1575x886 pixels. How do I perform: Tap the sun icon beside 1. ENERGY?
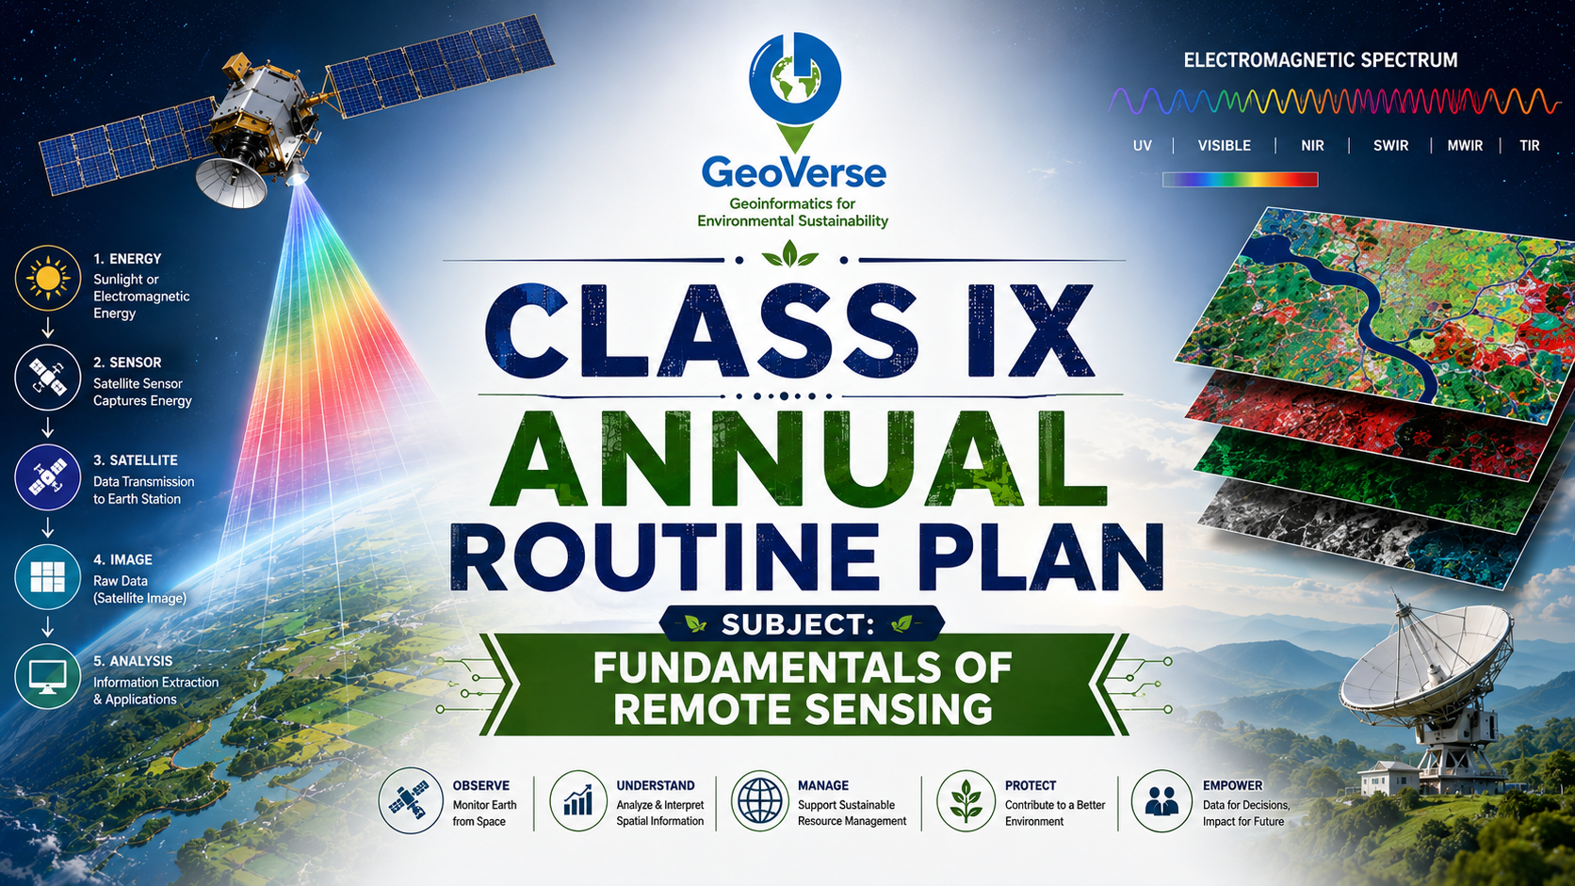point(48,279)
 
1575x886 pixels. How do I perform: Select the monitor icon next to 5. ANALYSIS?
point(48,676)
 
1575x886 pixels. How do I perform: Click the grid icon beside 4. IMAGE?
point(48,577)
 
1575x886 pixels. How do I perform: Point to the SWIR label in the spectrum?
point(1390,145)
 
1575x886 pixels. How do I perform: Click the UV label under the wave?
point(1143,145)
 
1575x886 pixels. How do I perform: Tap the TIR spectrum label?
point(1529,145)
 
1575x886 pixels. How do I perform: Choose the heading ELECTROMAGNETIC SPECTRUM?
point(1321,60)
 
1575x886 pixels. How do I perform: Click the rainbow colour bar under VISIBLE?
point(1241,180)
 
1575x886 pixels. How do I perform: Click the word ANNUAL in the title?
point(799,459)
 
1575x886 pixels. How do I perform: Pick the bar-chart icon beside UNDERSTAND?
point(578,800)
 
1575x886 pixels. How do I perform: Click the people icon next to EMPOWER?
point(1161,800)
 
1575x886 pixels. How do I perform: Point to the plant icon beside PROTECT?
point(966,800)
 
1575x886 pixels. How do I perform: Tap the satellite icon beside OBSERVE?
point(411,800)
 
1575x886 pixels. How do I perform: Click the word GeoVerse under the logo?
point(794,173)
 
